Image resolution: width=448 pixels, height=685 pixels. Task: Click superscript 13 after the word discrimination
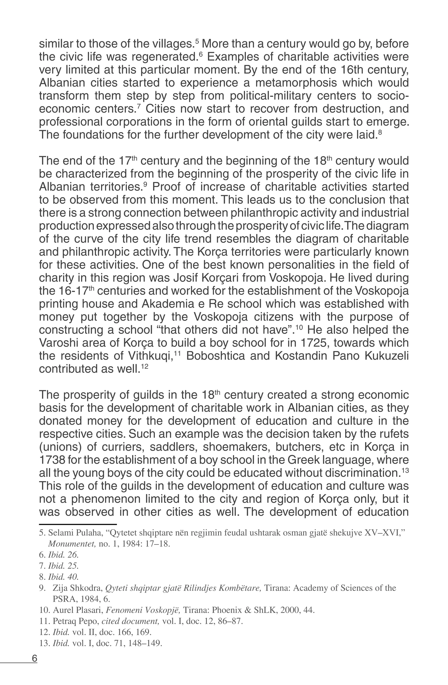tap(405, 470)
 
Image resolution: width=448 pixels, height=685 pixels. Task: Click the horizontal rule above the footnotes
tap(78, 524)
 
